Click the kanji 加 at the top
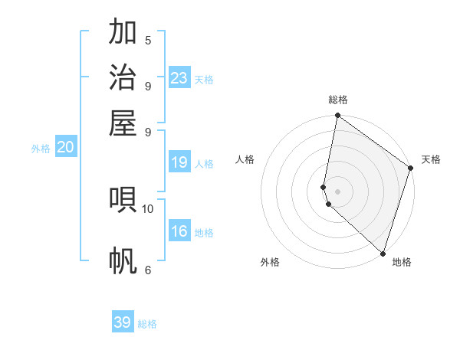[x=123, y=33]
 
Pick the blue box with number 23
[x=179, y=78]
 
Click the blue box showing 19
[x=179, y=162]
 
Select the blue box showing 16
[x=179, y=231]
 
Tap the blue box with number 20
[x=66, y=148]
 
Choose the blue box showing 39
[x=123, y=322]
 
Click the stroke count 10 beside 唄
[x=148, y=208]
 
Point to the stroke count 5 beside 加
[x=148, y=41]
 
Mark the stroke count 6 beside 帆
[x=148, y=270]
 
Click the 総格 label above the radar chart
[x=338, y=100]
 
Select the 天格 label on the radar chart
[x=431, y=159]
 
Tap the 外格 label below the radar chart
[x=270, y=262]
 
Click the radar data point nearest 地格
[x=383, y=253]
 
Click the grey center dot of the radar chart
[x=338, y=191]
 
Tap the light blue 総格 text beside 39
[x=147, y=324]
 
